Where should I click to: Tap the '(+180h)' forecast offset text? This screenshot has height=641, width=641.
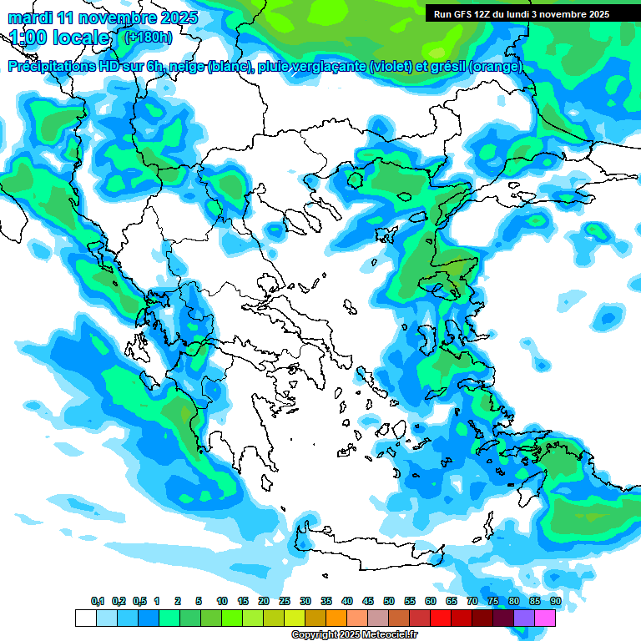pyautogui.click(x=148, y=37)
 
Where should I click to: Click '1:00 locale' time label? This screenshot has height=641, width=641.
pyautogui.click(x=59, y=38)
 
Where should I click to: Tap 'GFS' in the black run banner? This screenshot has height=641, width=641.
pyautogui.click(x=462, y=14)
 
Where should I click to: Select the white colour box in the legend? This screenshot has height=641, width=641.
pyautogui.click(x=85, y=618)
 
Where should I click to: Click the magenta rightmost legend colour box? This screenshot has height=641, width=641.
pyautogui.click(x=545, y=618)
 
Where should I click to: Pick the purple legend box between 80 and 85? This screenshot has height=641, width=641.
pyautogui.click(x=524, y=618)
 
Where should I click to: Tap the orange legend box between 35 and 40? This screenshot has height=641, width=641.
pyautogui.click(x=336, y=618)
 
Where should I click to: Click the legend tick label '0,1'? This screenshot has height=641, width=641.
pyautogui.click(x=97, y=602)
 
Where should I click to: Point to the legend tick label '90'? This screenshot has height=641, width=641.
pyautogui.click(x=555, y=602)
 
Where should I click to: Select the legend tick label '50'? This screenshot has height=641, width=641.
pyautogui.click(x=389, y=602)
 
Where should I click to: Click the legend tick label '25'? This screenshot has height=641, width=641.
pyautogui.click(x=285, y=602)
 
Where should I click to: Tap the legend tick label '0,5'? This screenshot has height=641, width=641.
pyautogui.click(x=139, y=602)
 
